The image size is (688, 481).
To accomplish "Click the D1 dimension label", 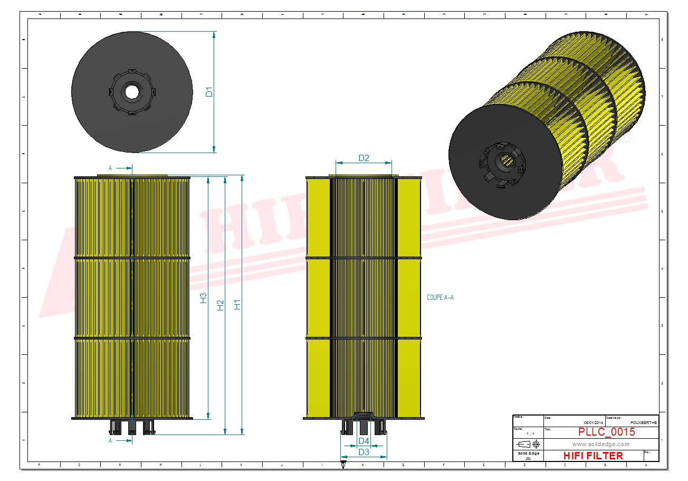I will coord(209,92).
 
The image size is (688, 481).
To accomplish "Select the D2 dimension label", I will coord(364,158).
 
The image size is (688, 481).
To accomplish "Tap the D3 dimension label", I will coord(364,452).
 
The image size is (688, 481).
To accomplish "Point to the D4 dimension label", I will coord(364,441).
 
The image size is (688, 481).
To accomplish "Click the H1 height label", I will coord(237,305).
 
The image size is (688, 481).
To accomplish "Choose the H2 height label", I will coord(221,305).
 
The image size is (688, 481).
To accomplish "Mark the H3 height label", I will coord(204,298).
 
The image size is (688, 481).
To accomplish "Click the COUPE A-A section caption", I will coord(440,298).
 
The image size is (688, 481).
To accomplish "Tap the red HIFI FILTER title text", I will coord(593,455).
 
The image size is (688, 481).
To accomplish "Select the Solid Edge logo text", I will coord(528,454).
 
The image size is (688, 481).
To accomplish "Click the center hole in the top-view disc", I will coord(131,92).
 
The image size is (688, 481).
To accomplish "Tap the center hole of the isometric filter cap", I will coord(507,161).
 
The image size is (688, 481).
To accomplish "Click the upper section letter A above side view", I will coord(110,168).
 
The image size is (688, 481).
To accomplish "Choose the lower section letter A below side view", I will coord(110,440).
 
